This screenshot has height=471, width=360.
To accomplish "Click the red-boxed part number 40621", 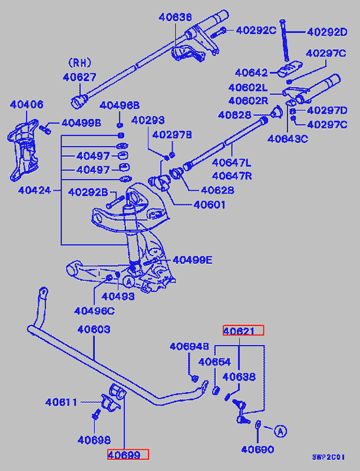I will click(243, 330).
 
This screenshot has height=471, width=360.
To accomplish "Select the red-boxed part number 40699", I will click(127, 454).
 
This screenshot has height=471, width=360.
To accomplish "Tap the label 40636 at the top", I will click(175, 18).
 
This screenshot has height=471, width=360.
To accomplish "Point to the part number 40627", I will click(80, 77).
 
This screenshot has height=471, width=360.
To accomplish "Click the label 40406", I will click(27, 105).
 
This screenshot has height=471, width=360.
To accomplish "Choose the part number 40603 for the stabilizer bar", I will click(94, 330).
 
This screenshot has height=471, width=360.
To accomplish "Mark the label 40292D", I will click(327, 32).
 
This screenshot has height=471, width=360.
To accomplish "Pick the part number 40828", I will click(235, 115).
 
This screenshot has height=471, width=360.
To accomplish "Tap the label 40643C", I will click(288, 140).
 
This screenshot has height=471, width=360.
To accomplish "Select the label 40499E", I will click(192, 260).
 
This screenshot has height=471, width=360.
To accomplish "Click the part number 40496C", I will click(94, 310).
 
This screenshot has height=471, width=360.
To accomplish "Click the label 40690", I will click(257, 450).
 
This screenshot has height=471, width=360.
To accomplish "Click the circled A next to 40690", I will click(280, 431).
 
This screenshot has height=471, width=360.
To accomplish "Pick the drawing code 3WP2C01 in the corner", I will click(328, 457).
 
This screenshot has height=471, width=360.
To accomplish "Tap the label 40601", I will click(209, 205).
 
